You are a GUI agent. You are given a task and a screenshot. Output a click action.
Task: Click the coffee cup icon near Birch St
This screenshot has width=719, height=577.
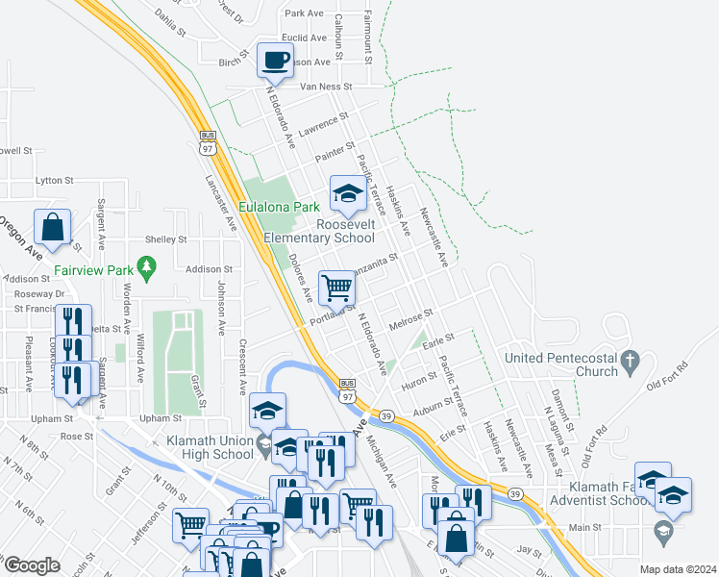click(x=276, y=61)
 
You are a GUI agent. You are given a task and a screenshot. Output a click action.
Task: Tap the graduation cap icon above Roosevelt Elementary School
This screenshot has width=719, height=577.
click(x=347, y=193)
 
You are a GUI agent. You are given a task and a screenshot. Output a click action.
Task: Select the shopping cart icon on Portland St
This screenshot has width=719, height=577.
click(x=336, y=287)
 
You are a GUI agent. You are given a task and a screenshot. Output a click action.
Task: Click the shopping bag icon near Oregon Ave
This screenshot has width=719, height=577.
click(x=53, y=227)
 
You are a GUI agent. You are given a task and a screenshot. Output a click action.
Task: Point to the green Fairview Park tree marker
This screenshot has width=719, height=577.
click(x=146, y=264)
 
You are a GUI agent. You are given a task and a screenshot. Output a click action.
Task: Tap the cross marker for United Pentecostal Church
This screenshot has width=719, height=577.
click(x=630, y=363)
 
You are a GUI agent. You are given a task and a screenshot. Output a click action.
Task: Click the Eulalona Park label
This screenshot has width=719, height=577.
click(x=279, y=207)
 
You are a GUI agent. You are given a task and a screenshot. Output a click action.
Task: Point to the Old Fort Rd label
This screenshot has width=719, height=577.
click(x=669, y=375)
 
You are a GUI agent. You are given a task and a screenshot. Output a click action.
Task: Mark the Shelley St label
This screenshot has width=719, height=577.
click(x=165, y=239)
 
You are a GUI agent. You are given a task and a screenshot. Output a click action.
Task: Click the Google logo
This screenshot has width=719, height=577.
click(x=32, y=565)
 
